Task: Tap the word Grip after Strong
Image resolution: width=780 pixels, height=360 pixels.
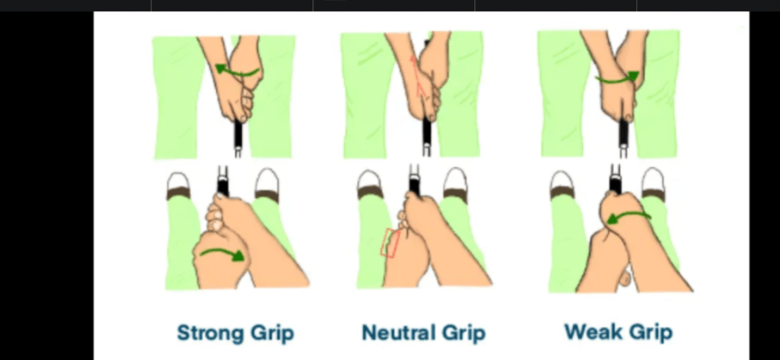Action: (x=271, y=333)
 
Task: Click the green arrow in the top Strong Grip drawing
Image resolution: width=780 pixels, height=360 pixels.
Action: (x=237, y=71)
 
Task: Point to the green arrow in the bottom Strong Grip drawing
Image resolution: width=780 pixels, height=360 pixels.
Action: (x=223, y=253)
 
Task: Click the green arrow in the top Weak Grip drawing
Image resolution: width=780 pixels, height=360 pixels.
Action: (x=617, y=78)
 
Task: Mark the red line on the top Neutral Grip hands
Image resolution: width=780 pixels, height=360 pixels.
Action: (x=417, y=76)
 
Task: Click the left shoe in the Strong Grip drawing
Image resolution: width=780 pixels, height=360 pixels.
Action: (x=178, y=185)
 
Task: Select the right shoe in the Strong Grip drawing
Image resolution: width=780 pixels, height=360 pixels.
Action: (x=267, y=184)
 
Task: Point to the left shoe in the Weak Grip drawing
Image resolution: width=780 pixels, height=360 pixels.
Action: (x=561, y=184)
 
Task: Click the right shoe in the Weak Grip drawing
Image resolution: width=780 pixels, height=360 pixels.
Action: (x=653, y=184)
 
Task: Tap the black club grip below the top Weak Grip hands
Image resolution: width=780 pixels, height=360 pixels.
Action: (x=624, y=132)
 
